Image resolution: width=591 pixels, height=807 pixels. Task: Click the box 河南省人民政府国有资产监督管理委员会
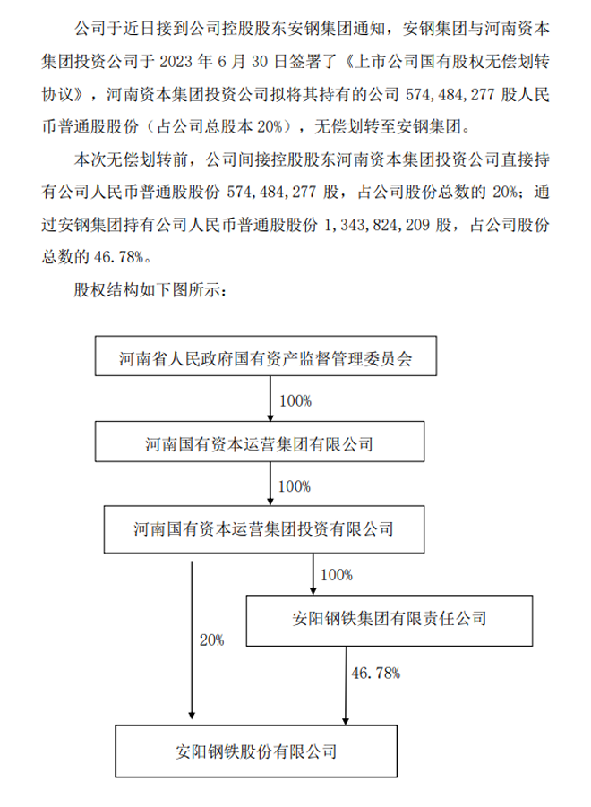pyautogui.click(x=266, y=356)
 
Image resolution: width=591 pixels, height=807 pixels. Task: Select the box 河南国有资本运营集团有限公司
pyautogui.click(x=260, y=442)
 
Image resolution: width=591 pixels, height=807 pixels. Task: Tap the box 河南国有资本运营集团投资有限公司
pyautogui.click(x=264, y=529)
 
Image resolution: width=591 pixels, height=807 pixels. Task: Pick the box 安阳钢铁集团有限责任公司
pyautogui.click(x=390, y=621)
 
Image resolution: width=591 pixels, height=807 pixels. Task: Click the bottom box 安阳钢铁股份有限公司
pyautogui.click(x=256, y=751)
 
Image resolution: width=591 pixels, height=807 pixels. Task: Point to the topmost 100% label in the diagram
pyautogui.click(x=295, y=401)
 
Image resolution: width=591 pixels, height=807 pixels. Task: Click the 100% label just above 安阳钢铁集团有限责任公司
pyautogui.click(x=337, y=575)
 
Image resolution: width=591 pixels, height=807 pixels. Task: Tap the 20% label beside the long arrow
pyautogui.click(x=212, y=640)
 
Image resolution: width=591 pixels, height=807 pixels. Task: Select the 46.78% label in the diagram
pyautogui.click(x=375, y=674)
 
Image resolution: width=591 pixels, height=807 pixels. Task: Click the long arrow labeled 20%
pyautogui.click(x=192, y=640)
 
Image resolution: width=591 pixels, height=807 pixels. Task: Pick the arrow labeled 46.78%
pyautogui.click(x=346, y=686)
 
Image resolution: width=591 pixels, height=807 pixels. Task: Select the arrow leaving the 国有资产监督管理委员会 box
pyautogui.click(x=270, y=399)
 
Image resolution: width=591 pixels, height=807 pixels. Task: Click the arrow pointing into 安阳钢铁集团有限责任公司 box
pyautogui.click(x=313, y=574)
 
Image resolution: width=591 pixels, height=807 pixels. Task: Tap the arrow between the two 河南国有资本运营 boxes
pyautogui.click(x=270, y=484)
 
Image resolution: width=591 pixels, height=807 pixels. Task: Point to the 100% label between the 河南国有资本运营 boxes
pyautogui.click(x=295, y=486)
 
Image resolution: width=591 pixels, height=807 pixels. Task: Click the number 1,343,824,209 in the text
pyautogui.click(x=377, y=225)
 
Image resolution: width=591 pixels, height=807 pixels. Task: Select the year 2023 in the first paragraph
pyautogui.click(x=176, y=62)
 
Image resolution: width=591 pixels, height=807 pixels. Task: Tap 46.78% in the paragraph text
pyautogui.click(x=118, y=257)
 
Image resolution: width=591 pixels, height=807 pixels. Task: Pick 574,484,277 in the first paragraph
pyautogui.click(x=450, y=95)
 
